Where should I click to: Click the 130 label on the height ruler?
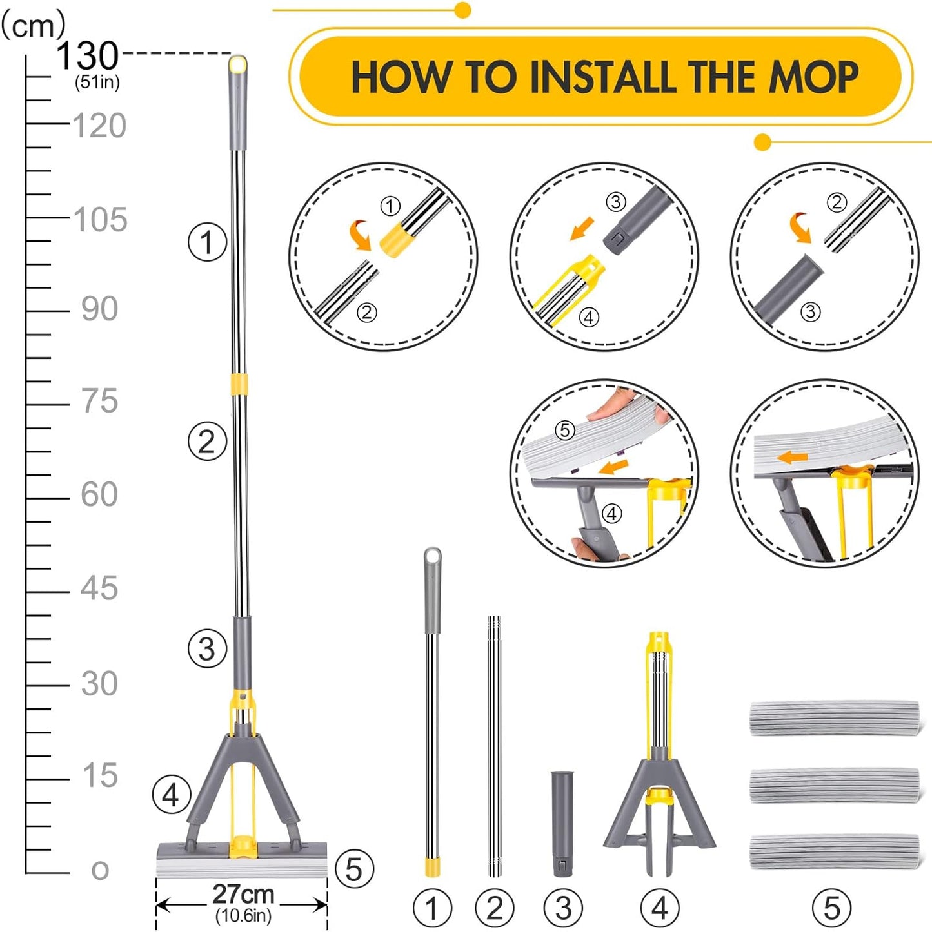click(88, 56)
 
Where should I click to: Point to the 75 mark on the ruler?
click(100, 401)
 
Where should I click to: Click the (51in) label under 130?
click(97, 83)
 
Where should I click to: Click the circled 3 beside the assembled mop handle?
click(207, 648)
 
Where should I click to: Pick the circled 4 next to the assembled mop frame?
click(172, 795)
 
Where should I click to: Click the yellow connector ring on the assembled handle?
click(240, 383)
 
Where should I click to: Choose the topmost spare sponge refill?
click(834, 718)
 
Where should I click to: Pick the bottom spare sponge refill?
click(834, 851)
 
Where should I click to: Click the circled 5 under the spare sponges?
click(832, 908)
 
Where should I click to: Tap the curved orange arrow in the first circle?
click(360, 234)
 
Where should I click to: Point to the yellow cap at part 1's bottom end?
click(432, 867)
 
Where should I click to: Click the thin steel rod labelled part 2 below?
click(494, 746)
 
